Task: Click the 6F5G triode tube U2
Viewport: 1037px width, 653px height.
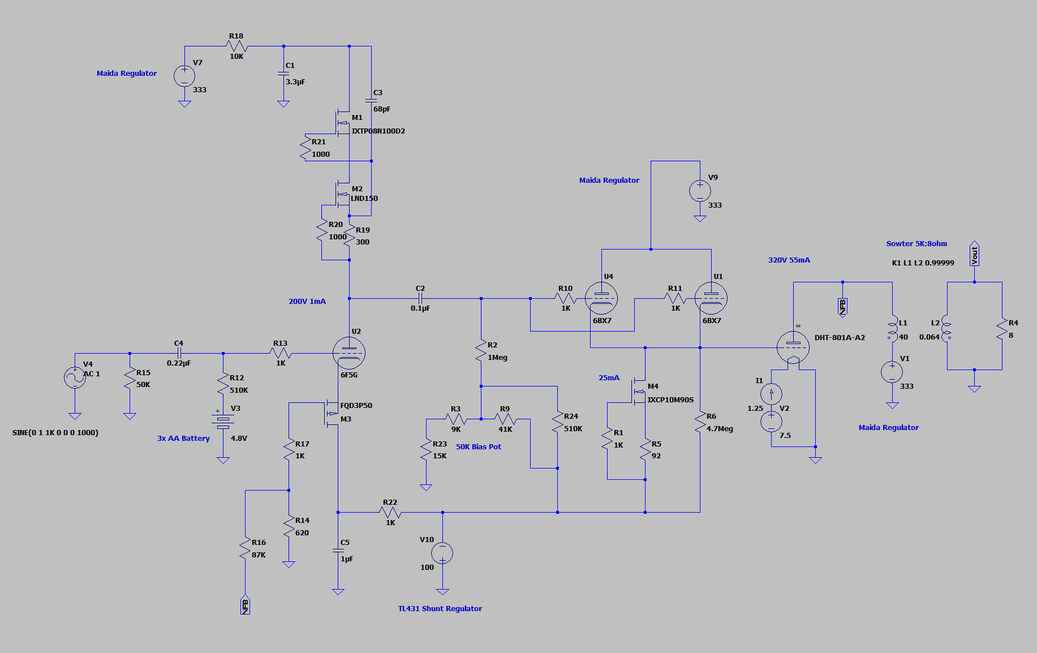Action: coord(349,353)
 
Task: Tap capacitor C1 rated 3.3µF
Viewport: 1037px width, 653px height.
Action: coord(283,74)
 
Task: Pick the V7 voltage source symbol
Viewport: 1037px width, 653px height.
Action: coord(184,76)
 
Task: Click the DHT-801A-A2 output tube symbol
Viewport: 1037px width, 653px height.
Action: coord(793,347)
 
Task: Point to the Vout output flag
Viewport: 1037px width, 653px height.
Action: coord(974,255)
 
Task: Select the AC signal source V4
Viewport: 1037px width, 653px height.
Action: coord(75,377)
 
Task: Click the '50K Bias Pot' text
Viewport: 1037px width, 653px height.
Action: coord(479,447)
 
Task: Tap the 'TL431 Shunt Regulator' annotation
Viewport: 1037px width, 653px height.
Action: coord(440,609)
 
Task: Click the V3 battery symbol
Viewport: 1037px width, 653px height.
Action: coord(223,419)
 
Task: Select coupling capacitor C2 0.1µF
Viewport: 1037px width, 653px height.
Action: coord(420,298)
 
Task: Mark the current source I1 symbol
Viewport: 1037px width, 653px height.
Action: coord(771,394)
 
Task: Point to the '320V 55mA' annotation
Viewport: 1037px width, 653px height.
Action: coord(789,260)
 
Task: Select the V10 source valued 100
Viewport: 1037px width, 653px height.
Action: coord(442,553)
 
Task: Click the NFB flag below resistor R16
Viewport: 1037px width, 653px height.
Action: coord(245,605)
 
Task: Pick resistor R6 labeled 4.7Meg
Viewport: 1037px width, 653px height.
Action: coord(700,423)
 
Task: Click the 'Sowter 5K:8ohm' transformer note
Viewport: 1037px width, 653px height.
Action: coord(916,244)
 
